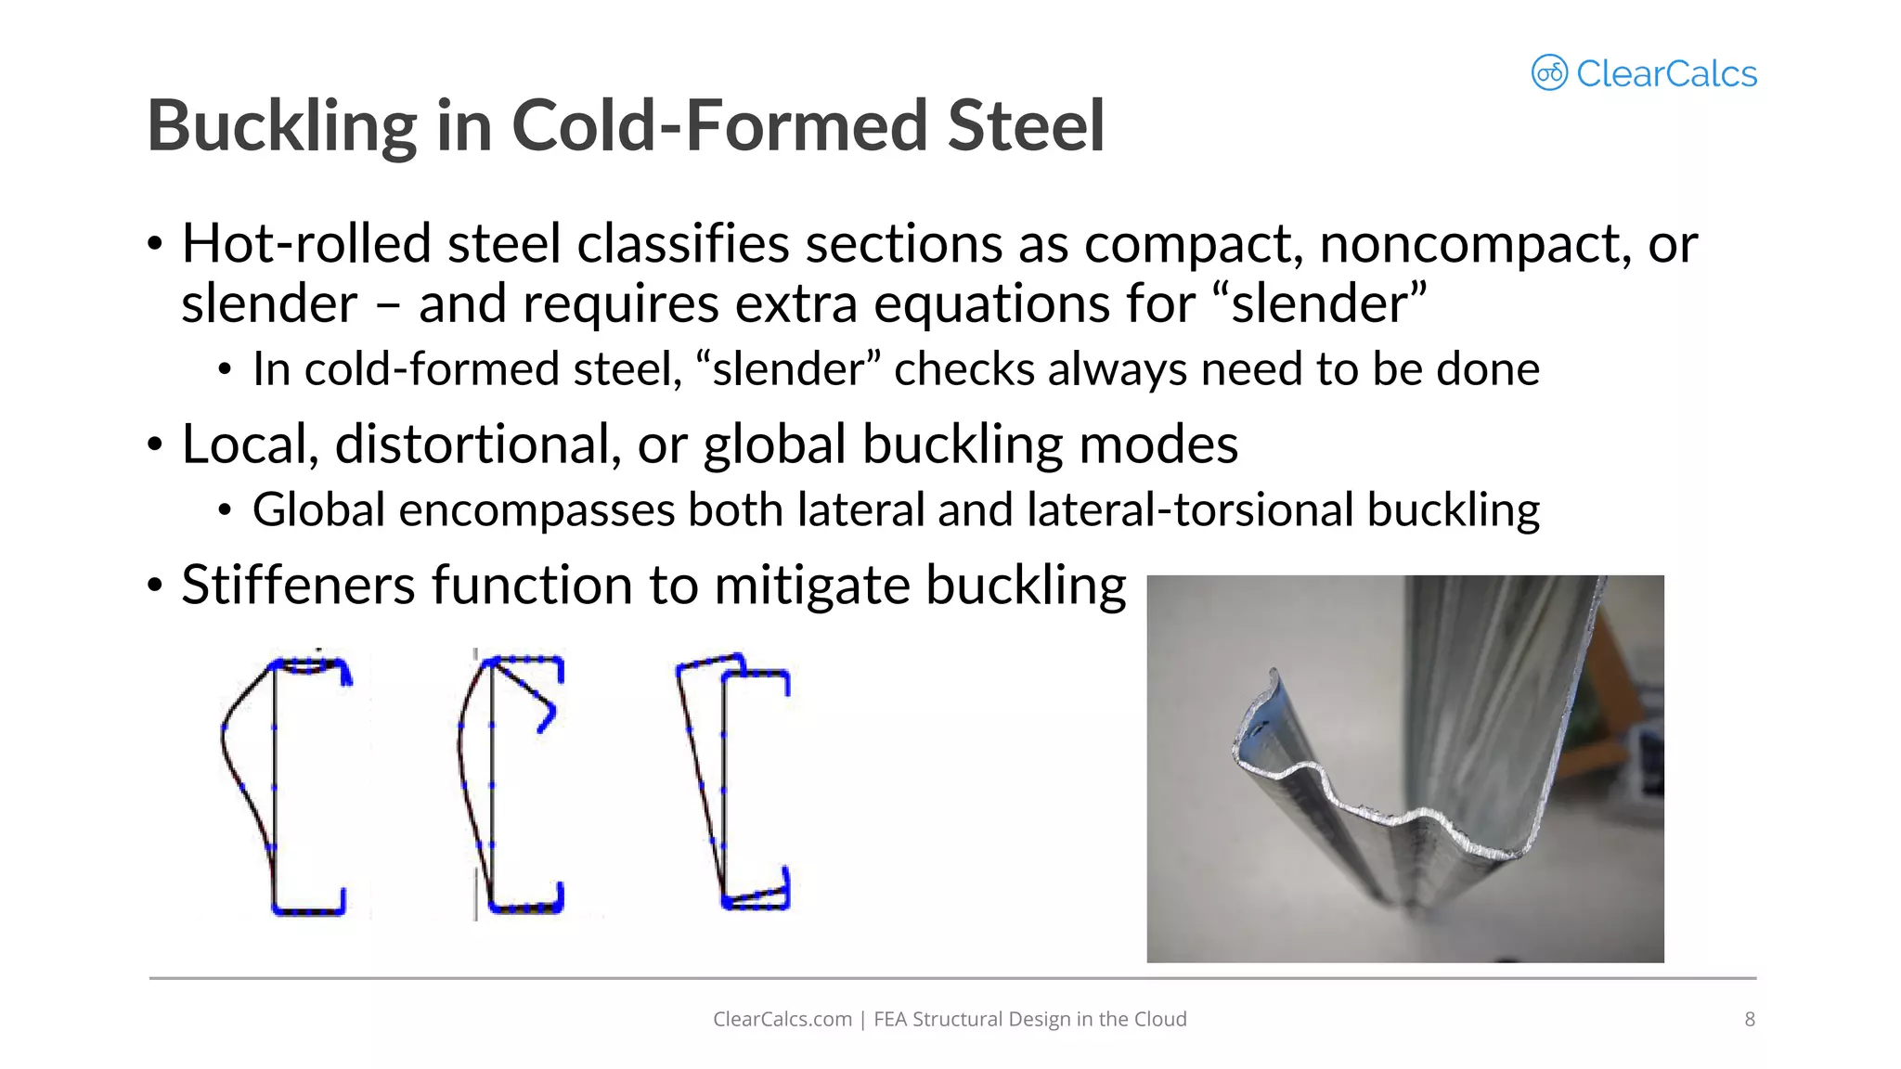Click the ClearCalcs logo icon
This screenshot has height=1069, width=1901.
point(1548,72)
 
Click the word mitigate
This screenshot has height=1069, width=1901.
point(812,586)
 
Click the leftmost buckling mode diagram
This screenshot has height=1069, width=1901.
point(284,784)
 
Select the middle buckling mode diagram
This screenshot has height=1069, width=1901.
point(511,784)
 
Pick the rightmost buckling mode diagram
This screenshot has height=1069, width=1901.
point(733,784)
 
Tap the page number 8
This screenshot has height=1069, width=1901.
point(1749,1019)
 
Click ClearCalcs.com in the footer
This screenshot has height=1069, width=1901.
point(782,1019)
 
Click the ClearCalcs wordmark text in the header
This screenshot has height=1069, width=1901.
point(1665,74)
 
